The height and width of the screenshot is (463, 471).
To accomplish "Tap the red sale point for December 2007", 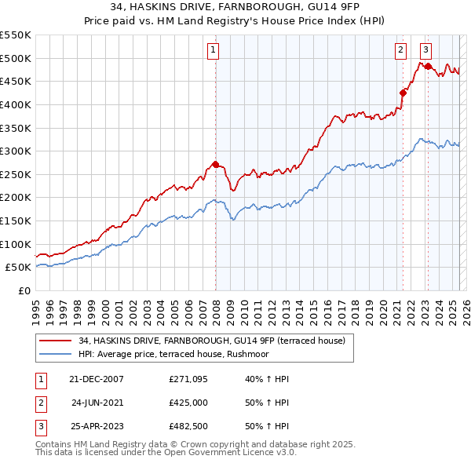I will pos(215,165).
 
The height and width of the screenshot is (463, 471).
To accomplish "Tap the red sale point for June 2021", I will pos(403,93).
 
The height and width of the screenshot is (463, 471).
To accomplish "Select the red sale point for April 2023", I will pos(429,66).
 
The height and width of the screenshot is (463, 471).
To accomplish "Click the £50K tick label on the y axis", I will pos(17,268).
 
